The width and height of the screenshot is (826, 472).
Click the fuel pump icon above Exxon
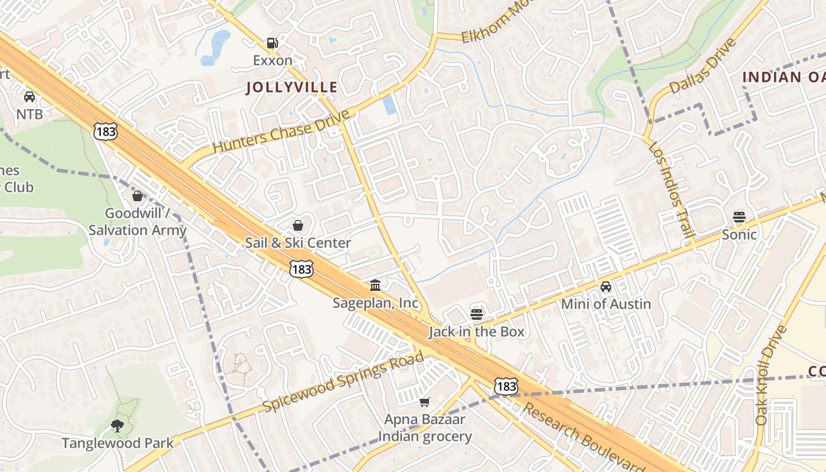(272, 43)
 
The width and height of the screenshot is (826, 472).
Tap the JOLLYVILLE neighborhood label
(291, 87)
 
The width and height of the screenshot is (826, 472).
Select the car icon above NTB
(29, 97)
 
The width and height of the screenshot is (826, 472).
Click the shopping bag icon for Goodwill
(137, 196)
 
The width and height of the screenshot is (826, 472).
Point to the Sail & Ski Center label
(298, 242)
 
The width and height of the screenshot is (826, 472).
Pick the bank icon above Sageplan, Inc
(375, 286)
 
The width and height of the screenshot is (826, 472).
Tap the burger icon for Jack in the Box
(477, 314)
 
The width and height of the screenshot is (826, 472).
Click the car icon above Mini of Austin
(606, 287)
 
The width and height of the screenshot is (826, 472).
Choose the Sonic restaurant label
(739, 235)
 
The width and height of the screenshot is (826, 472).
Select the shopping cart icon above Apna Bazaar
(425, 402)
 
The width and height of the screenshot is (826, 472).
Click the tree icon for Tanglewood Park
(117, 425)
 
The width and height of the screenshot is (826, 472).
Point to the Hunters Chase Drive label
(281, 130)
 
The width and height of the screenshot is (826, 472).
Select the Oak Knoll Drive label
(771, 375)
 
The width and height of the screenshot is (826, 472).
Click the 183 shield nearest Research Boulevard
(506, 386)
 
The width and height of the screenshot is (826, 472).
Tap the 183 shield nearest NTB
(106, 132)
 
